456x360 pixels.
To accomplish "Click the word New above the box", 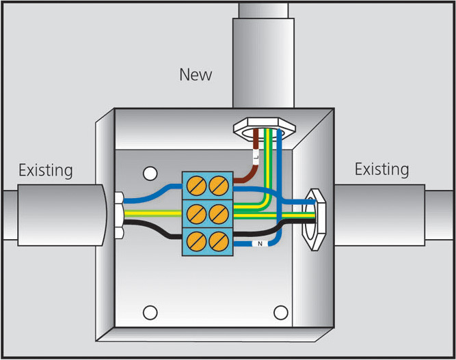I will click(x=196, y=74).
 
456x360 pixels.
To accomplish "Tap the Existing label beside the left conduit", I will click(x=45, y=169).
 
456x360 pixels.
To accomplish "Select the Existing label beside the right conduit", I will click(x=381, y=169).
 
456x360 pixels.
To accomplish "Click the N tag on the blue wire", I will click(x=260, y=243).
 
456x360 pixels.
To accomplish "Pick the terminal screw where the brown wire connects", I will click(x=218, y=183).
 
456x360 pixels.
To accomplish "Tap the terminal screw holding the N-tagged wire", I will click(x=218, y=240).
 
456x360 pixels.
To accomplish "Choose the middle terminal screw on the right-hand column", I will click(x=218, y=211).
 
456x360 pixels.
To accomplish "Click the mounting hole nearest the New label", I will click(x=149, y=172).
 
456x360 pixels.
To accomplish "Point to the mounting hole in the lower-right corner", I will click(x=280, y=312).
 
